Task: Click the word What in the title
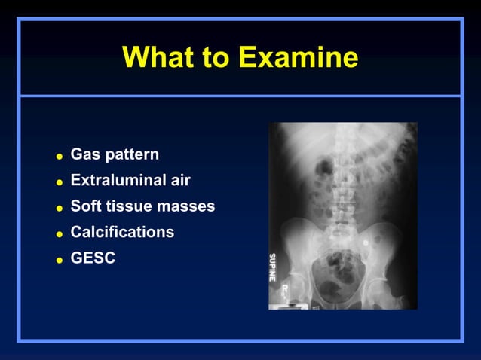click(155, 57)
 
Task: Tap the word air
click(179, 180)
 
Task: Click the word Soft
click(86, 206)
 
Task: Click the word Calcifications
click(122, 232)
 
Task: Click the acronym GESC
click(93, 258)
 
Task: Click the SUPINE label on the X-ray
click(273, 267)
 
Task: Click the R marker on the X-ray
click(284, 288)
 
